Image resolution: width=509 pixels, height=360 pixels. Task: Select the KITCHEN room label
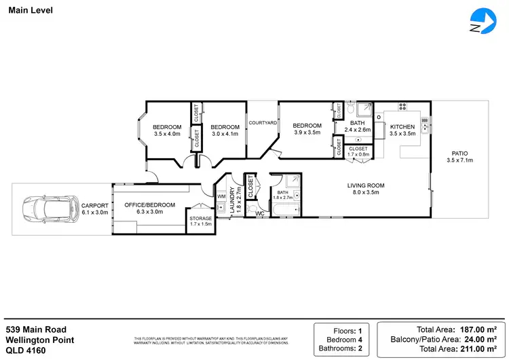click(402, 127)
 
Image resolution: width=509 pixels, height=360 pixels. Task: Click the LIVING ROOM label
click(366, 185)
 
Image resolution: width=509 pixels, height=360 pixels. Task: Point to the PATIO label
click(459, 154)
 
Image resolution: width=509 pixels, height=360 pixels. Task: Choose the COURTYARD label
click(262, 123)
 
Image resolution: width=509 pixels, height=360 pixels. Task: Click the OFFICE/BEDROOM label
click(149, 205)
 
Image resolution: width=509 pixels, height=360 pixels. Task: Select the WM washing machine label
click(221, 196)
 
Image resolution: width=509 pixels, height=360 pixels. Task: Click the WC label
click(259, 213)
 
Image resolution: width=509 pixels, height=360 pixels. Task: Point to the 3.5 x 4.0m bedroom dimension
click(167, 134)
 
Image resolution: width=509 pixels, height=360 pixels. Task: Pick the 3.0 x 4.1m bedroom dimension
click(225, 134)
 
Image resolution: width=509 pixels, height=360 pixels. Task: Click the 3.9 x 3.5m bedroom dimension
click(307, 133)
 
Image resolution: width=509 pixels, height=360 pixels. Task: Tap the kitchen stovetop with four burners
click(402, 107)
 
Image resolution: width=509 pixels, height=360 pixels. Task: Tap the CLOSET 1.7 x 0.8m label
click(358, 151)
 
